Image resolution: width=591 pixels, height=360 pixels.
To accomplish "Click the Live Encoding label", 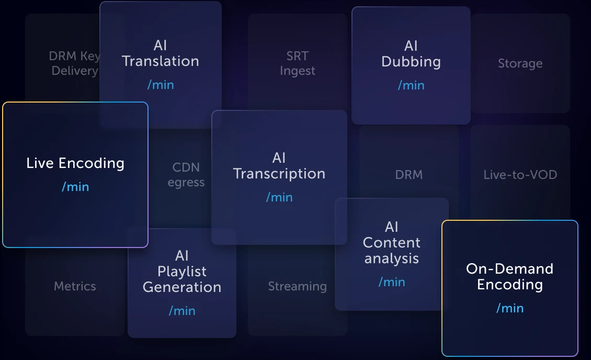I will (75, 163).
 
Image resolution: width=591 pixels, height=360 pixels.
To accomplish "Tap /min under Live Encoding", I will (75, 187).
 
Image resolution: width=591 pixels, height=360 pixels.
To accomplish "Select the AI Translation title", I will (161, 53).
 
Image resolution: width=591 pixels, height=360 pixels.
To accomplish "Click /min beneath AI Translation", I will (161, 85).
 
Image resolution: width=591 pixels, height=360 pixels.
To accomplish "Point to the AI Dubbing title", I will (411, 54).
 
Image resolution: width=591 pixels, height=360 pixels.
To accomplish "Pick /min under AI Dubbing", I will (411, 85).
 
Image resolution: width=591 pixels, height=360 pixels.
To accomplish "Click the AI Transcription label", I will (279, 166).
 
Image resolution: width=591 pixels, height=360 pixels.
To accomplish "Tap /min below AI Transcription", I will (279, 197).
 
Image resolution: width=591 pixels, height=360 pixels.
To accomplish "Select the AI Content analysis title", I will (392, 243).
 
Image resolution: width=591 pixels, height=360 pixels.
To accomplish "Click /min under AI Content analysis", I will (392, 282).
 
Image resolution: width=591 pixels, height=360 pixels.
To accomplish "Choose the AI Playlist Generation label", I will (182, 272).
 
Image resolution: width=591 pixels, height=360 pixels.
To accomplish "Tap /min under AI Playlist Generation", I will (182, 311).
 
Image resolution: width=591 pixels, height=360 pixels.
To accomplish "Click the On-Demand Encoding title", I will (510, 277).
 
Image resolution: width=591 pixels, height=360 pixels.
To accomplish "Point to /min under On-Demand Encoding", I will (510, 308).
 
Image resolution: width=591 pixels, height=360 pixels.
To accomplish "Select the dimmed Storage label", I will (520, 64).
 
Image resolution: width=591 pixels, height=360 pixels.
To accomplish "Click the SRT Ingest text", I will (298, 63).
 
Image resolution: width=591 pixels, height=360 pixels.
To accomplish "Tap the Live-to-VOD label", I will (520, 175).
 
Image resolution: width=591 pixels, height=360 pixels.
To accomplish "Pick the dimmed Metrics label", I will (75, 286).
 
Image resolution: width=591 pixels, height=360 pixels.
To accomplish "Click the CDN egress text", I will (186, 175).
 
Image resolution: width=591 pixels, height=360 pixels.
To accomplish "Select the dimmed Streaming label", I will (297, 286).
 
